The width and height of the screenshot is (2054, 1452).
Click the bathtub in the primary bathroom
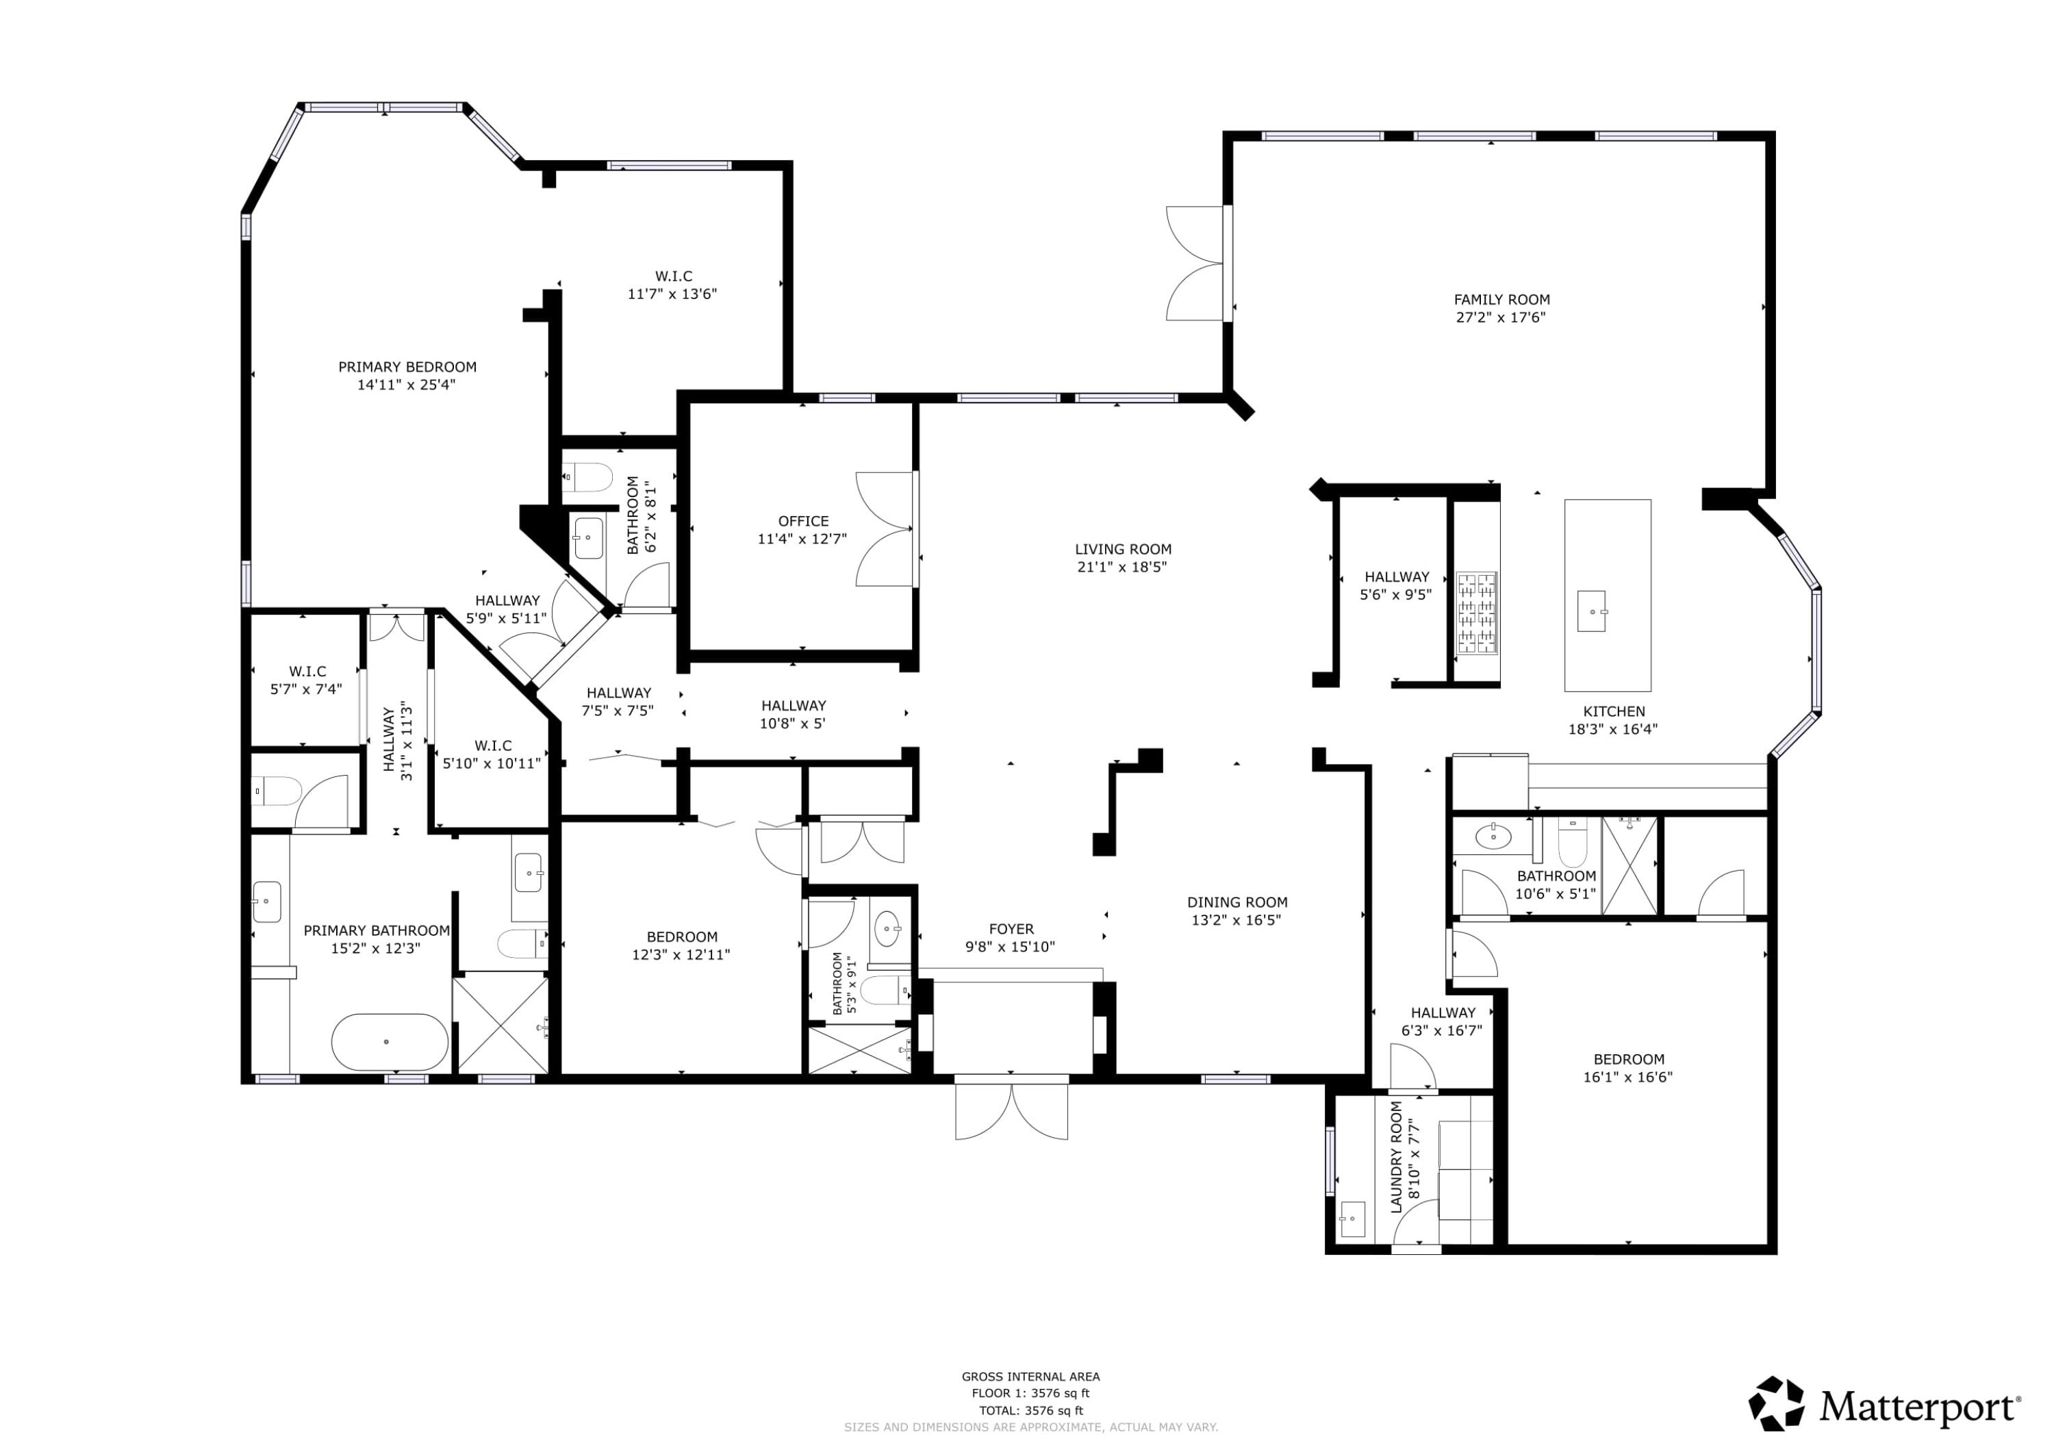click(x=390, y=1042)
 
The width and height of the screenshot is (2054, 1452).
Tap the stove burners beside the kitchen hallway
click(x=1477, y=612)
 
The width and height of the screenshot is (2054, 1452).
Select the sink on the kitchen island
click(x=1591, y=611)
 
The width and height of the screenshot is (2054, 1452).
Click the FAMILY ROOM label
click(x=1501, y=300)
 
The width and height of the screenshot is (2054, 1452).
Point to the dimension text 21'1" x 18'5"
click(x=1122, y=566)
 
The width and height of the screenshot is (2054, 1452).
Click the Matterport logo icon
click(x=1777, y=1403)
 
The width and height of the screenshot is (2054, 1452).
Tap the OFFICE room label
click(x=802, y=521)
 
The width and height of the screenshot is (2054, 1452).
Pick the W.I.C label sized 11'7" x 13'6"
click(x=673, y=277)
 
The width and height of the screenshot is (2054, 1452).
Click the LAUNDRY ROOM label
click(x=1397, y=1157)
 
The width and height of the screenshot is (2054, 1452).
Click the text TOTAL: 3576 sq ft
click(x=1030, y=1410)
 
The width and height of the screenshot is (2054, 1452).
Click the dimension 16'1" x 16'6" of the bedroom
click(x=1627, y=1077)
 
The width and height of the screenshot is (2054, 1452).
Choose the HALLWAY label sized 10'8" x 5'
click(x=793, y=705)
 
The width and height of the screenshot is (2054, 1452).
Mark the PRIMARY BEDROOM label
click(x=407, y=367)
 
